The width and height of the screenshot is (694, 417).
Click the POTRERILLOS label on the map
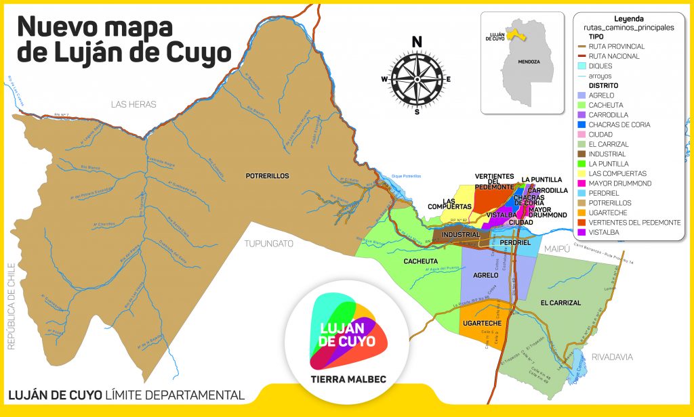(267, 176)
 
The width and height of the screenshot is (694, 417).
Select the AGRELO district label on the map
(485, 276)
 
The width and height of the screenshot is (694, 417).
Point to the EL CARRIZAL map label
(560, 303)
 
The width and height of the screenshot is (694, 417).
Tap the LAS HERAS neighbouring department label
(134, 104)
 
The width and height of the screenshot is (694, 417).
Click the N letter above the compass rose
(417, 42)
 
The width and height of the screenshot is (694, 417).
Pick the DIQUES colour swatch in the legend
(581, 66)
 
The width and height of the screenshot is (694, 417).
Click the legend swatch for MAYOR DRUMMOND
(581, 183)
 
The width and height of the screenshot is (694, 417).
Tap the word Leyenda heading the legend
(628, 18)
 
